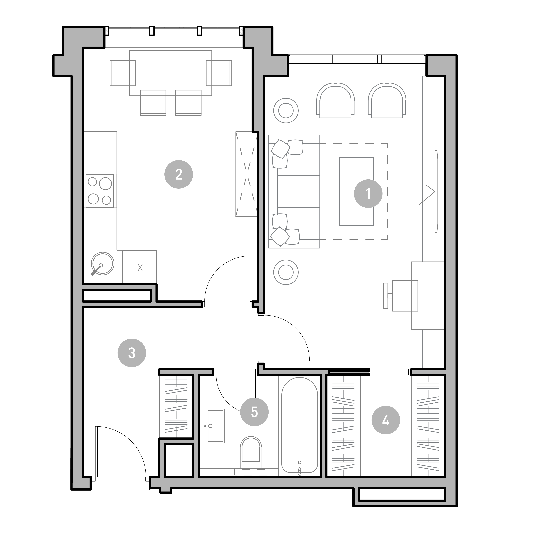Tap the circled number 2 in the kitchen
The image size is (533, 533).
179,174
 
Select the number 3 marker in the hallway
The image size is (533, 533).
132,353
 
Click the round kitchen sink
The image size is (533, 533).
102,263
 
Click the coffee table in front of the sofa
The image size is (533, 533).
356,191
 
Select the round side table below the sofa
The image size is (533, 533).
286,272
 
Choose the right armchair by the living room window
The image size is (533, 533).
387,101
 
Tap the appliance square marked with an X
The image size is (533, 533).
140,267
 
